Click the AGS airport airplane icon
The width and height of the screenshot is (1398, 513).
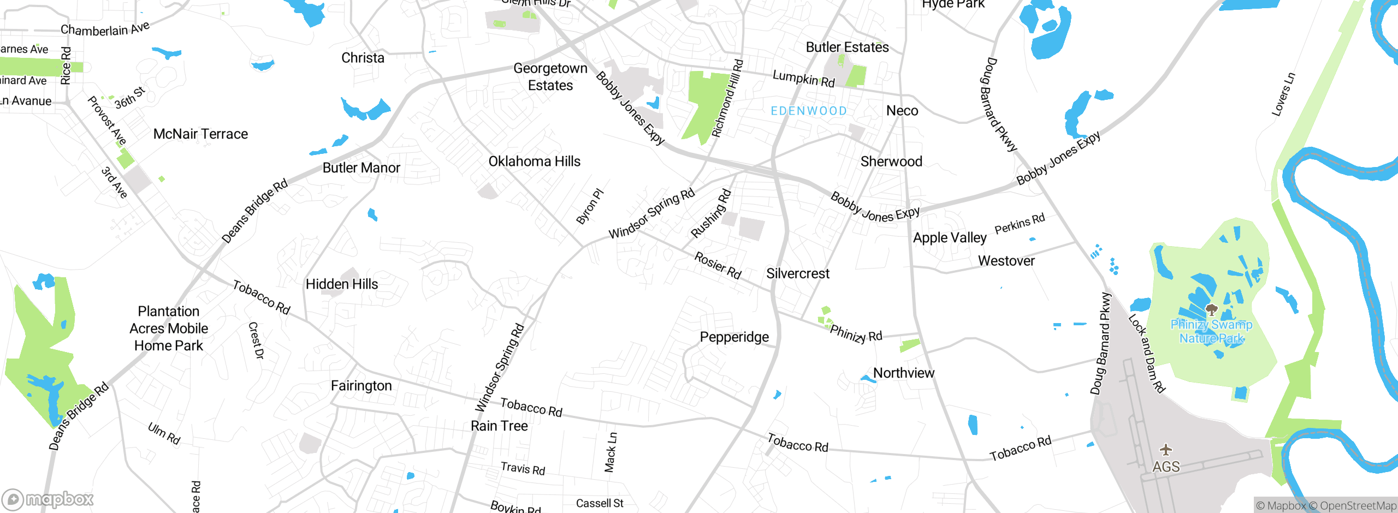pos(1166,450)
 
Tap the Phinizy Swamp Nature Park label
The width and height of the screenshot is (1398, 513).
pos(1211,331)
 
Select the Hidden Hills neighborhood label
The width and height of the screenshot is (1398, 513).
pos(342,284)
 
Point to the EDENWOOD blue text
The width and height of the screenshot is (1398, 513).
pos(809,111)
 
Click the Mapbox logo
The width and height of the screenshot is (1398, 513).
pos(48,499)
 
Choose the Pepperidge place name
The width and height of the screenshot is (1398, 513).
pos(734,337)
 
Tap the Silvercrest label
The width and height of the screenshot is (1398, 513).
pos(798,274)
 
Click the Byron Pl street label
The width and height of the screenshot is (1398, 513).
pos(590,206)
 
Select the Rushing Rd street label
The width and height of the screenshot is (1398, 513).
pos(710,213)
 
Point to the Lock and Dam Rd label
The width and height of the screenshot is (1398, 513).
pos(1147,353)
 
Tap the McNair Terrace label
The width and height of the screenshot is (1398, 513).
pos(200,134)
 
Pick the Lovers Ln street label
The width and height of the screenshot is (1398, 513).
pos(1283,94)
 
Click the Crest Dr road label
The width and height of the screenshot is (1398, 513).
pos(256,341)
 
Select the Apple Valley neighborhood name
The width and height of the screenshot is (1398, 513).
pos(950,238)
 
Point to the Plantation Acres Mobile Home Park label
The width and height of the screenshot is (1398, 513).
pos(169,329)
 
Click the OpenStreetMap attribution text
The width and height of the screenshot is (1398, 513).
pos(1358,506)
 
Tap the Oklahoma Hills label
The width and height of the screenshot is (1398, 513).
pos(534,162)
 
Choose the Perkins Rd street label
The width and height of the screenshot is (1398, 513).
pos(1020,224)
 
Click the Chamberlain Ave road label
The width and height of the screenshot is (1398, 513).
pos(105,29)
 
